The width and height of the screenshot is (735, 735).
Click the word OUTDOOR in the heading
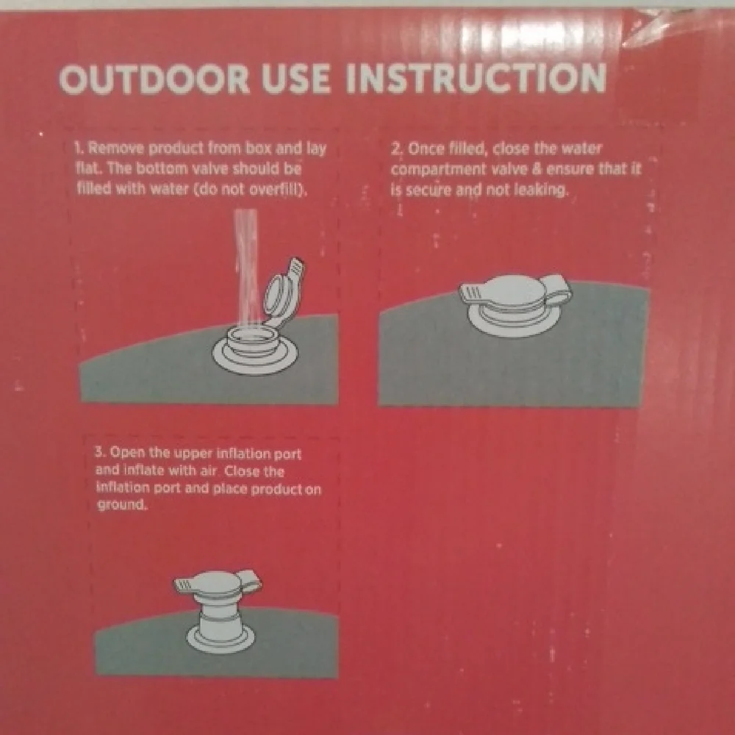(x=154, y=79)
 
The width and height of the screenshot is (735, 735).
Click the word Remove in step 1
(x=117, y=148)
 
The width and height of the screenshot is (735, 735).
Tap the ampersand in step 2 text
(x=537, y=169)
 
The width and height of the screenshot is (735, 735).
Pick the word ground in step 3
(x=121, y=506)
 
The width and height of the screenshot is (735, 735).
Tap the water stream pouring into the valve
(x=246, y=268)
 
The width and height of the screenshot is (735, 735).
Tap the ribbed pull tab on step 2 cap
(x=473, y=295)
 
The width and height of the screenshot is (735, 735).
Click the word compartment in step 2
(x=438, y=170)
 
